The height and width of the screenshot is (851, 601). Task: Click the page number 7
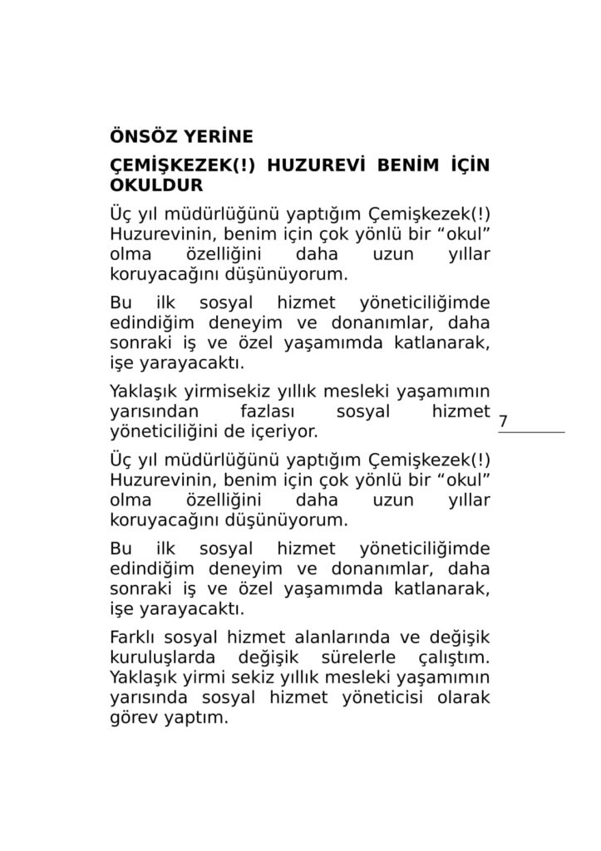(x=503, y=422)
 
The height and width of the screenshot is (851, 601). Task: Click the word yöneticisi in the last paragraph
(x=379, y=699)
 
